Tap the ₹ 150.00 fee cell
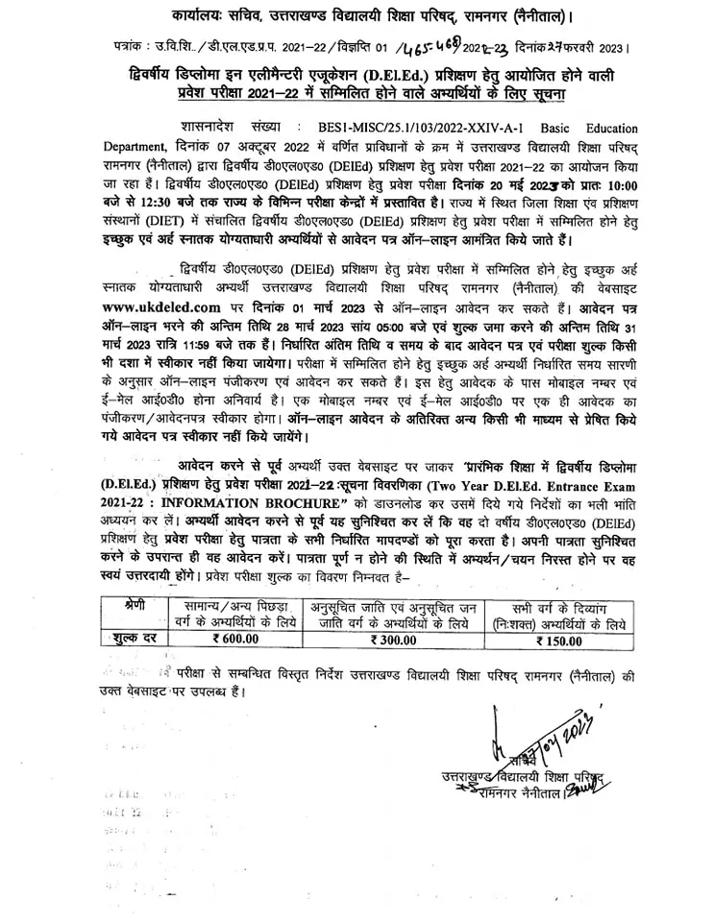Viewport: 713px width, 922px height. pos(555,638)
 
